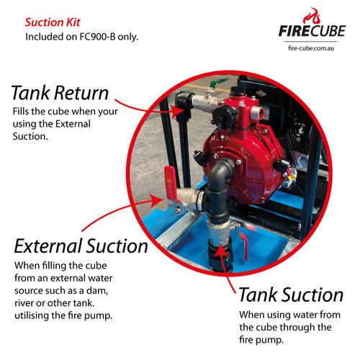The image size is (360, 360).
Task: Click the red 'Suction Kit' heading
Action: coord(53,22)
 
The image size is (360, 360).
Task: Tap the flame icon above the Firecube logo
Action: coord(312,16)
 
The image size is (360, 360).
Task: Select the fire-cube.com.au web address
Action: coord(311,48)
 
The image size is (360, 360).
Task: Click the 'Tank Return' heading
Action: coord(60,93)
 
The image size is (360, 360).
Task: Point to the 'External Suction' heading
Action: coord(81,246)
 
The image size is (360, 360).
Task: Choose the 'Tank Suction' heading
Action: coord(291,294)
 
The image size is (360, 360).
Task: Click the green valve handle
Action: coord(219,82)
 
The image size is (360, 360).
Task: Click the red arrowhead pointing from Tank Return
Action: coord(178,111)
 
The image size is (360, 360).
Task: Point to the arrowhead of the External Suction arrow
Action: coord(158,201)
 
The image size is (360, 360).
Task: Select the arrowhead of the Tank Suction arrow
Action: coord(220,251)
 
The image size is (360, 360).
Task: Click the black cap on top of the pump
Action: coord(238,91)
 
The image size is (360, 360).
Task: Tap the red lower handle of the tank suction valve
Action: coord(244,246)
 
